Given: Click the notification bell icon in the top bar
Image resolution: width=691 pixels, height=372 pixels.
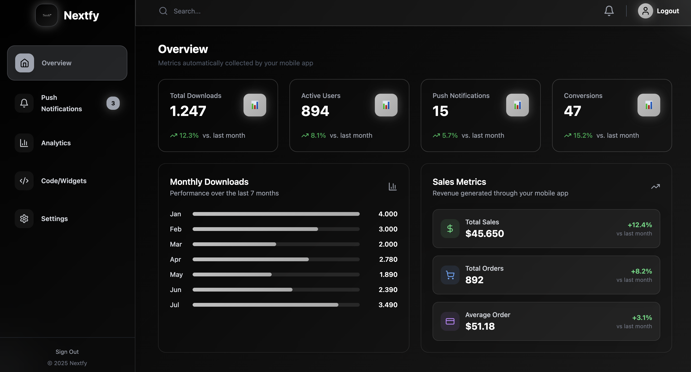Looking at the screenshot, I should pos(609,11).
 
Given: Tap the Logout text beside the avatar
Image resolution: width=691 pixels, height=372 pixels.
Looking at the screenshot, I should pos(668,11).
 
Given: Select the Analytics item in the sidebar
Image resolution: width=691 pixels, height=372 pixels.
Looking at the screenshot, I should pos(56,143).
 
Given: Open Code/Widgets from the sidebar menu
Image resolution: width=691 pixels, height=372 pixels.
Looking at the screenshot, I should pos(64,181).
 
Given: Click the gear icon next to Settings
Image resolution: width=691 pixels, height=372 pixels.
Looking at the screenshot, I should pos(24,219).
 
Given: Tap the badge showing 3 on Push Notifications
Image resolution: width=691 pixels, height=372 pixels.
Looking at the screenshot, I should pos(113,103).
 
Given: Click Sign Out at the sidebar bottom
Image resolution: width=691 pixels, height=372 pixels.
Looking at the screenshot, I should pos(67,352).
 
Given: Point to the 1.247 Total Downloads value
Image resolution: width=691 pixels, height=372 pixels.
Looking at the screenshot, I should pos(188,111).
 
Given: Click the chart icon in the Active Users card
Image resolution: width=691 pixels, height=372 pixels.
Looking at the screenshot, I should pos(386,105).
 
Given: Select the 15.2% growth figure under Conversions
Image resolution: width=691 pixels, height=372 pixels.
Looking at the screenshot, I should pos(583,135).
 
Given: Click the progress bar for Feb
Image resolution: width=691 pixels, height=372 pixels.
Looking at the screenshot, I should pos(276,229).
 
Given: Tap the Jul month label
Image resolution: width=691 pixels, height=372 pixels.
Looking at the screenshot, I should pos(174,305).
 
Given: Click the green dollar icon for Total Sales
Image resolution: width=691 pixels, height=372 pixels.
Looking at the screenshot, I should pos(450,229).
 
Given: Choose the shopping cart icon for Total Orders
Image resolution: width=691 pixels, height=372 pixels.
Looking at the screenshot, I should pos(450,275).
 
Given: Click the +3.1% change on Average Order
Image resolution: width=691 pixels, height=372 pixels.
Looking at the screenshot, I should pos(642,318).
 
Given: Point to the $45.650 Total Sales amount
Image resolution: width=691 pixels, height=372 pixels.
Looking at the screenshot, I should pos(484,233).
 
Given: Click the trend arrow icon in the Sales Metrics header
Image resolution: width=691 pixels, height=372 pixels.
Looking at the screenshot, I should pos(655,186).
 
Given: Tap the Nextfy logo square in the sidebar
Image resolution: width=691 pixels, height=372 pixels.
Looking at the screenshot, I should pos(47,15).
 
